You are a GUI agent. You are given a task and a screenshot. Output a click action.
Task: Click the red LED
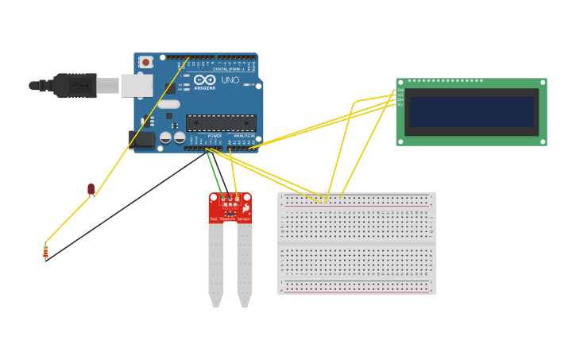click(x=91, y=189)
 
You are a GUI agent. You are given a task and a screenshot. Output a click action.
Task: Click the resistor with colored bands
click(x=45, y=252)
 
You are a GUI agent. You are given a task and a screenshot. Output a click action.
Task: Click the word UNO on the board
click(x=230, y=80)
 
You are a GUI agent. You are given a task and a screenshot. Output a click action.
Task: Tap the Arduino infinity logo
click(x=204, y=79)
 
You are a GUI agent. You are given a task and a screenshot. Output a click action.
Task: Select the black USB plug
click(x=75, y=85)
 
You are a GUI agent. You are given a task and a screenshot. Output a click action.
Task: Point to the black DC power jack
click(x=142, y=140)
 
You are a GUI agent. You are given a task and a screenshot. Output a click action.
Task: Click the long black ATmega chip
click(x=221, y=122)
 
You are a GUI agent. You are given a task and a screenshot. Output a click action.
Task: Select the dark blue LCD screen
click(x=471, y=112)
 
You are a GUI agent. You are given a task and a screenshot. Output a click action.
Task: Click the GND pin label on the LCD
click(x=400, y=91)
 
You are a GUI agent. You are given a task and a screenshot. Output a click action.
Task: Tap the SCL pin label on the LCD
click(x=400, y=106)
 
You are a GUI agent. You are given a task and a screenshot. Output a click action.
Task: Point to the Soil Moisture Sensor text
click(x=230, y=219)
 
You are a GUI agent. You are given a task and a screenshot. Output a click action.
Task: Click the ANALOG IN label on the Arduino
click(x=243, y=136)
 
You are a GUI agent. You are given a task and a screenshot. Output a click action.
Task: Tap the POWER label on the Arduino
click(x=215, y=136)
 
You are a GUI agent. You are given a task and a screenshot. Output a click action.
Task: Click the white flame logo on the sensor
click(x=246, y=208)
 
